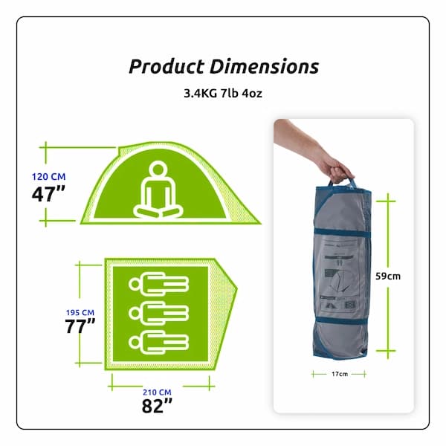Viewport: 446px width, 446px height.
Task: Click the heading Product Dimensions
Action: (x=223, y=66)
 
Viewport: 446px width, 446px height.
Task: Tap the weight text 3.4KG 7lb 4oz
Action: (x=223, y=95)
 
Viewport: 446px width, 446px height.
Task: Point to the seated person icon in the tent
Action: (x=158, y=190)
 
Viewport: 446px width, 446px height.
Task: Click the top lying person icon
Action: (x=160, y=282)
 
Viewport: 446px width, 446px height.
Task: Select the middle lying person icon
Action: (x=160, y=311)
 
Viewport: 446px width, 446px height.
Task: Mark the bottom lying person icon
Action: (x=160, y=341)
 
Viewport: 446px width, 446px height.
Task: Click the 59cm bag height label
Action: (x=388, y=277)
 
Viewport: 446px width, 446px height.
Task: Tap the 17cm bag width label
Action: (x=338, y=374)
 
